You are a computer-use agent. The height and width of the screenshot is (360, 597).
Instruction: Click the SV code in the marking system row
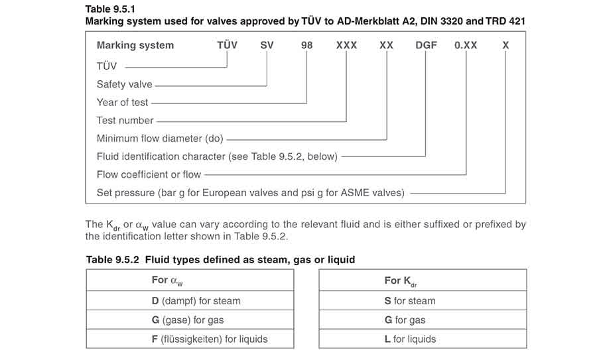click(x=267, y=45)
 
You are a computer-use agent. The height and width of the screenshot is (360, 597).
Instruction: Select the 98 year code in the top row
click(x=306, y=45)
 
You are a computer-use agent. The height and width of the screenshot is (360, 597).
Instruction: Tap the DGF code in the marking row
click(x=426, y=45)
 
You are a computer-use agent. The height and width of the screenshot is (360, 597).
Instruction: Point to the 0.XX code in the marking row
click(x=466, y=45)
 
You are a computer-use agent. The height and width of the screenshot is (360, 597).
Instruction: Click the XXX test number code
click(x=346, y=45)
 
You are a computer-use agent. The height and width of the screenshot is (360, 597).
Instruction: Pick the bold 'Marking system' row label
click(x=135, y=45)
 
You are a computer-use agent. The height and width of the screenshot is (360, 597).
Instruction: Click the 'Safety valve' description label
click(x=124, y=84)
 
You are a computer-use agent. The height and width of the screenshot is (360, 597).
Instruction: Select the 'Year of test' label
click(x=122, y=102)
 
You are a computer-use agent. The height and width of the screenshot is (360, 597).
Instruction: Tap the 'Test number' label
click(x=125, y=120)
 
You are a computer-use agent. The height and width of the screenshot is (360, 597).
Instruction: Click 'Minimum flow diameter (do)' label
click(x=160, y=139)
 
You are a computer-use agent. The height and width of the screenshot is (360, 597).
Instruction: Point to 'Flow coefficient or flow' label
click(x=149, y=174)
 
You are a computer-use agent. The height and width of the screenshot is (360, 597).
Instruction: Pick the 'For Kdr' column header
click(x=401, y=281)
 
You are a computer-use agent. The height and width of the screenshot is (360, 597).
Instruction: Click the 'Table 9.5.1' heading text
click(x=110, y=9)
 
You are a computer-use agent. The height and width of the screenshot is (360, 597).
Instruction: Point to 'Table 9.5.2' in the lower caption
click(x=112, y=260)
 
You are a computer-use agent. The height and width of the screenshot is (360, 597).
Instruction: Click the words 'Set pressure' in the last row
click(x=125, y=193)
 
